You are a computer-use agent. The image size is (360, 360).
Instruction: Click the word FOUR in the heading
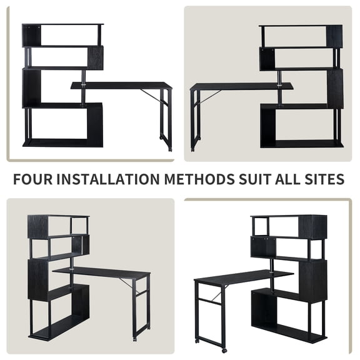pyautogui.click(x=32, y=179)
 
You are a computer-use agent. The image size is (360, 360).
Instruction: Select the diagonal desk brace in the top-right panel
pyautogui.click(x=211, y=97)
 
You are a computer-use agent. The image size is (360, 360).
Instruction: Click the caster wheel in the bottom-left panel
pyautogui.click(x=134, y=339)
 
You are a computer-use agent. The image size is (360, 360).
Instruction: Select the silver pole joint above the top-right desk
pyautogui.click(x=279, y=77)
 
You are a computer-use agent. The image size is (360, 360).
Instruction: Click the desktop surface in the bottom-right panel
pyautogui.click(x=244, y=276)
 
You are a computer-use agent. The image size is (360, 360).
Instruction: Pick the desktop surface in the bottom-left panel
pyautogui.click(x=103, y=272)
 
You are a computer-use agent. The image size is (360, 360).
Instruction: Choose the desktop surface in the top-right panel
pyautogui.click(x=241, y=86)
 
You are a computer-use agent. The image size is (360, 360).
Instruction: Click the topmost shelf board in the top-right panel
pyautogui.click(x=301, y=26)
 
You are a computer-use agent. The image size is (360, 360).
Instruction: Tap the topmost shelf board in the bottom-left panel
pyautogui.click(x=58, y=217)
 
